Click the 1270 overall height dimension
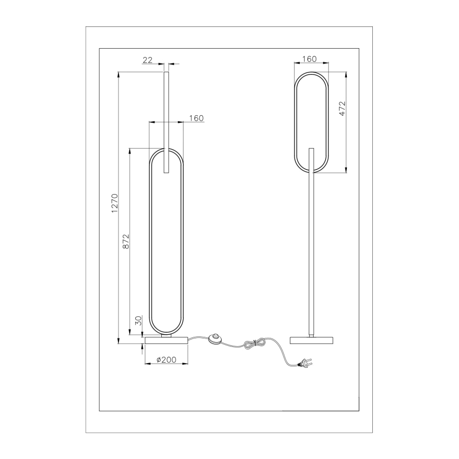pos(114,204)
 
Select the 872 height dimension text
pos(126,241)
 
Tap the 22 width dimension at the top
pos(147,60)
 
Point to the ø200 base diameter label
pos(167,360)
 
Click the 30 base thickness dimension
pos(139,320)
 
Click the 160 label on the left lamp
pos(196,118)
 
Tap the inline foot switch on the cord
pos(216,338)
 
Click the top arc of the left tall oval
pos(167,150)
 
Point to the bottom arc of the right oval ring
pos(311,172)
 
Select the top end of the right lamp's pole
pos(311,150)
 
